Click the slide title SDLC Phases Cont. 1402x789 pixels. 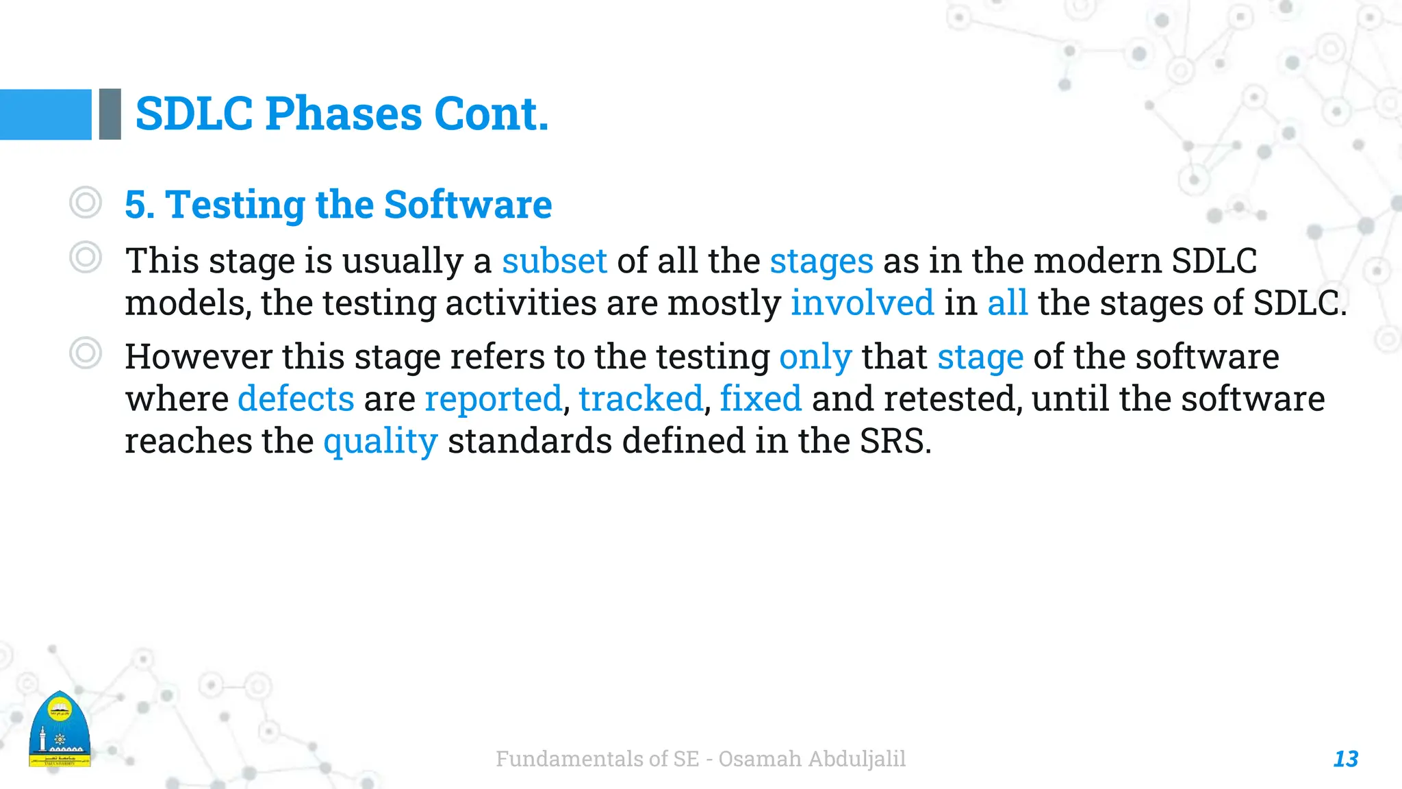coord(342,114)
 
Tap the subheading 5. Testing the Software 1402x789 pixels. coord(338,205)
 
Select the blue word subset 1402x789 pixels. coord(554,261)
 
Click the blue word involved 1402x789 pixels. coord(862,303)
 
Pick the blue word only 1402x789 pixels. coord(815,357)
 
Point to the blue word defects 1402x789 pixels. coord(296,399)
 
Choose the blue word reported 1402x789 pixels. coord(493,399)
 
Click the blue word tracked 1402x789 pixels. coord(641,399)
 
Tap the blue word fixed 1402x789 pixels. coord(761,399)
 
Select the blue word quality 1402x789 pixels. coord(380,441)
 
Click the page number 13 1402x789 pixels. coord(1345,759)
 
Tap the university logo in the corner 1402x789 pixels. coord(60,730)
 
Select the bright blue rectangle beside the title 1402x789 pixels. coord(45,114)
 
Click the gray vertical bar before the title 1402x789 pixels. coord(110,114)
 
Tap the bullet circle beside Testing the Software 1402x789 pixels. coord(86,203)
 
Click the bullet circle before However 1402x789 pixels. coord(86,353)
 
